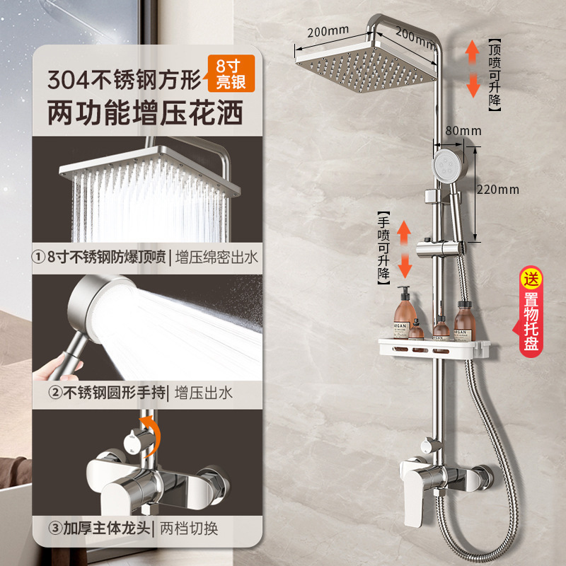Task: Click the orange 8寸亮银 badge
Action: point(231,74)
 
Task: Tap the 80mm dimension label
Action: point(463,131)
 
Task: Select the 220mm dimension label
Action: point(498,190)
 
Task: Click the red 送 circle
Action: point(531,279)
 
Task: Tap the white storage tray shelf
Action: point(434,348)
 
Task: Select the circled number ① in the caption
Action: point(38,258)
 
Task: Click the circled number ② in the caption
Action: point(56,393)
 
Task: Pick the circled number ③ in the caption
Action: point(56,529)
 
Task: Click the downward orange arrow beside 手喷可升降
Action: point(405,265)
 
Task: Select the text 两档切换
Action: point(189,529)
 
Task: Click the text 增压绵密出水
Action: point(216,258)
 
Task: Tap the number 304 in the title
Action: point(68,80)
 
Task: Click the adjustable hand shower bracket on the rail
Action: point(440,249)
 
